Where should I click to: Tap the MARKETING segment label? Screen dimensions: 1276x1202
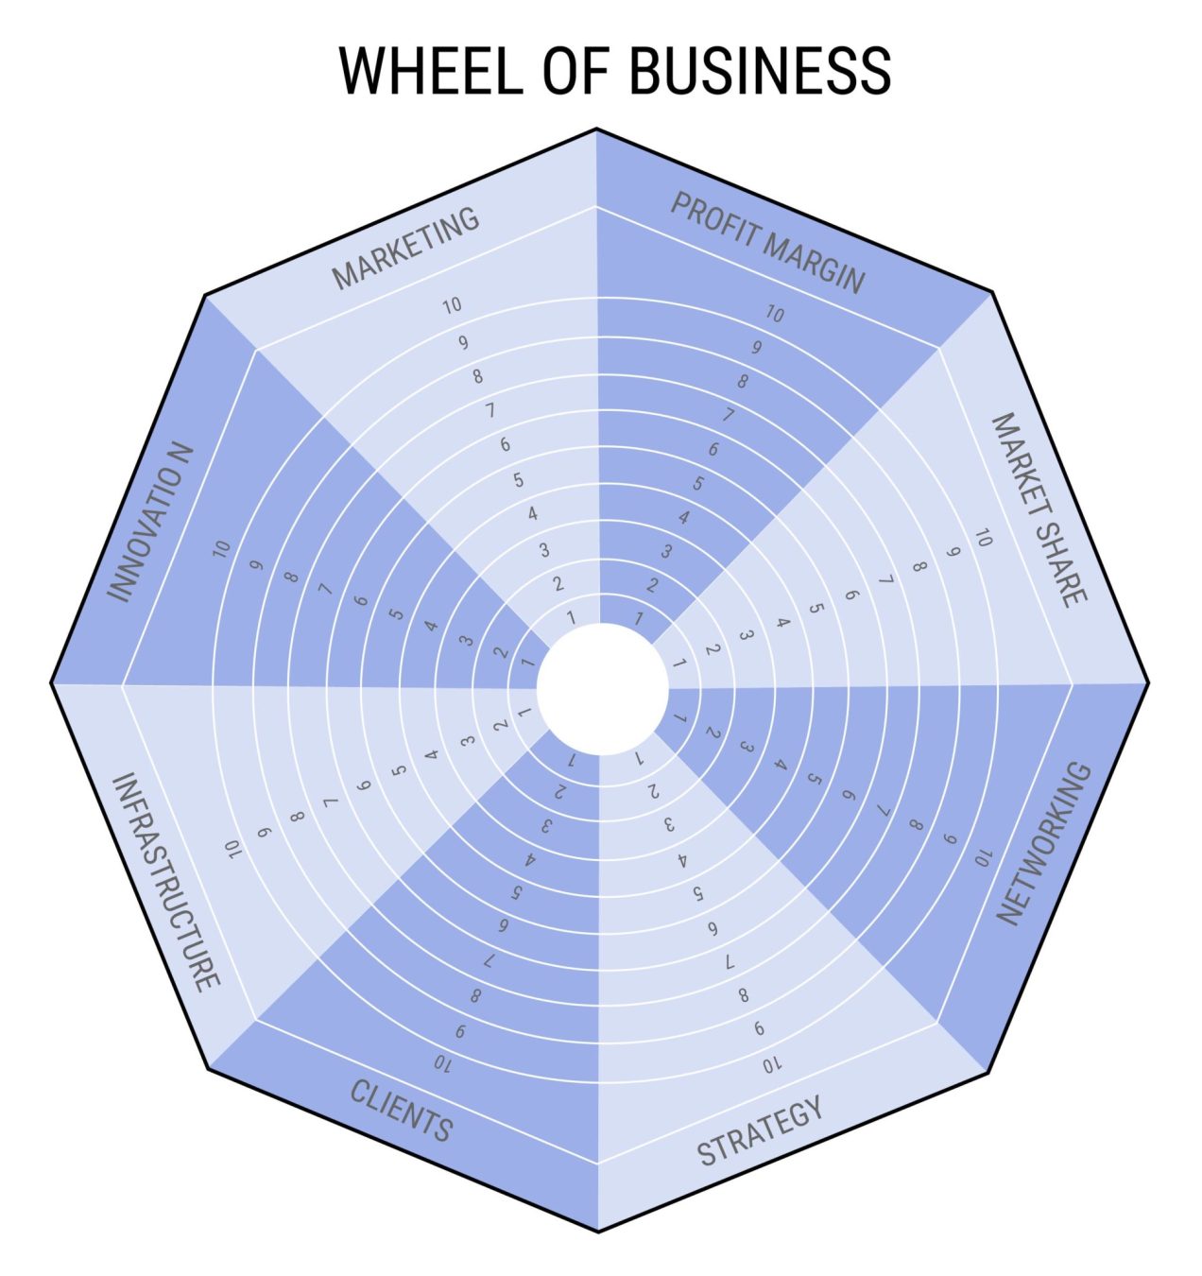pos(406,248)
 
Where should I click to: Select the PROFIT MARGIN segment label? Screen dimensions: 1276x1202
pos(767,242)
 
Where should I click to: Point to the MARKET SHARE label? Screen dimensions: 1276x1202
pos(1039,509)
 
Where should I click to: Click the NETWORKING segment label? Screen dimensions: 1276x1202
pos(1045,843)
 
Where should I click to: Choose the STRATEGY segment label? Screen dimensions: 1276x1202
pos(760,1130)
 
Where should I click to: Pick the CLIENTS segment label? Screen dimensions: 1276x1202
pos(402,1110)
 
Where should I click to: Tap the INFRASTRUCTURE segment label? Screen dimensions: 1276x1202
pos(166,881)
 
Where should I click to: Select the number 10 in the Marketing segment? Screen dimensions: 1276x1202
pos(452,305)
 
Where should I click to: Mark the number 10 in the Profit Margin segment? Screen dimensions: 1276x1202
pos(774,314)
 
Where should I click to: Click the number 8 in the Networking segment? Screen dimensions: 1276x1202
pos(915,824)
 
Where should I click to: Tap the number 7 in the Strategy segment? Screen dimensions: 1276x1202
pos(728,961)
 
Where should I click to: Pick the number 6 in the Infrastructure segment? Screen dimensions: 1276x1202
pos(364,785)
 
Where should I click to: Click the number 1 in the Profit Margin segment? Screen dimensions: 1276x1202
pos(640,619)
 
